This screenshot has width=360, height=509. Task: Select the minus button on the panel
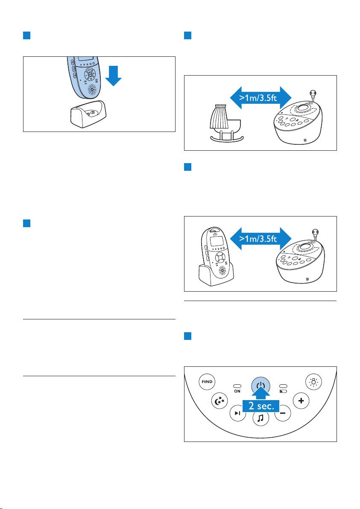[283, 413]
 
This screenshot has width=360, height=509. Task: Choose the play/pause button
[238, 413]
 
